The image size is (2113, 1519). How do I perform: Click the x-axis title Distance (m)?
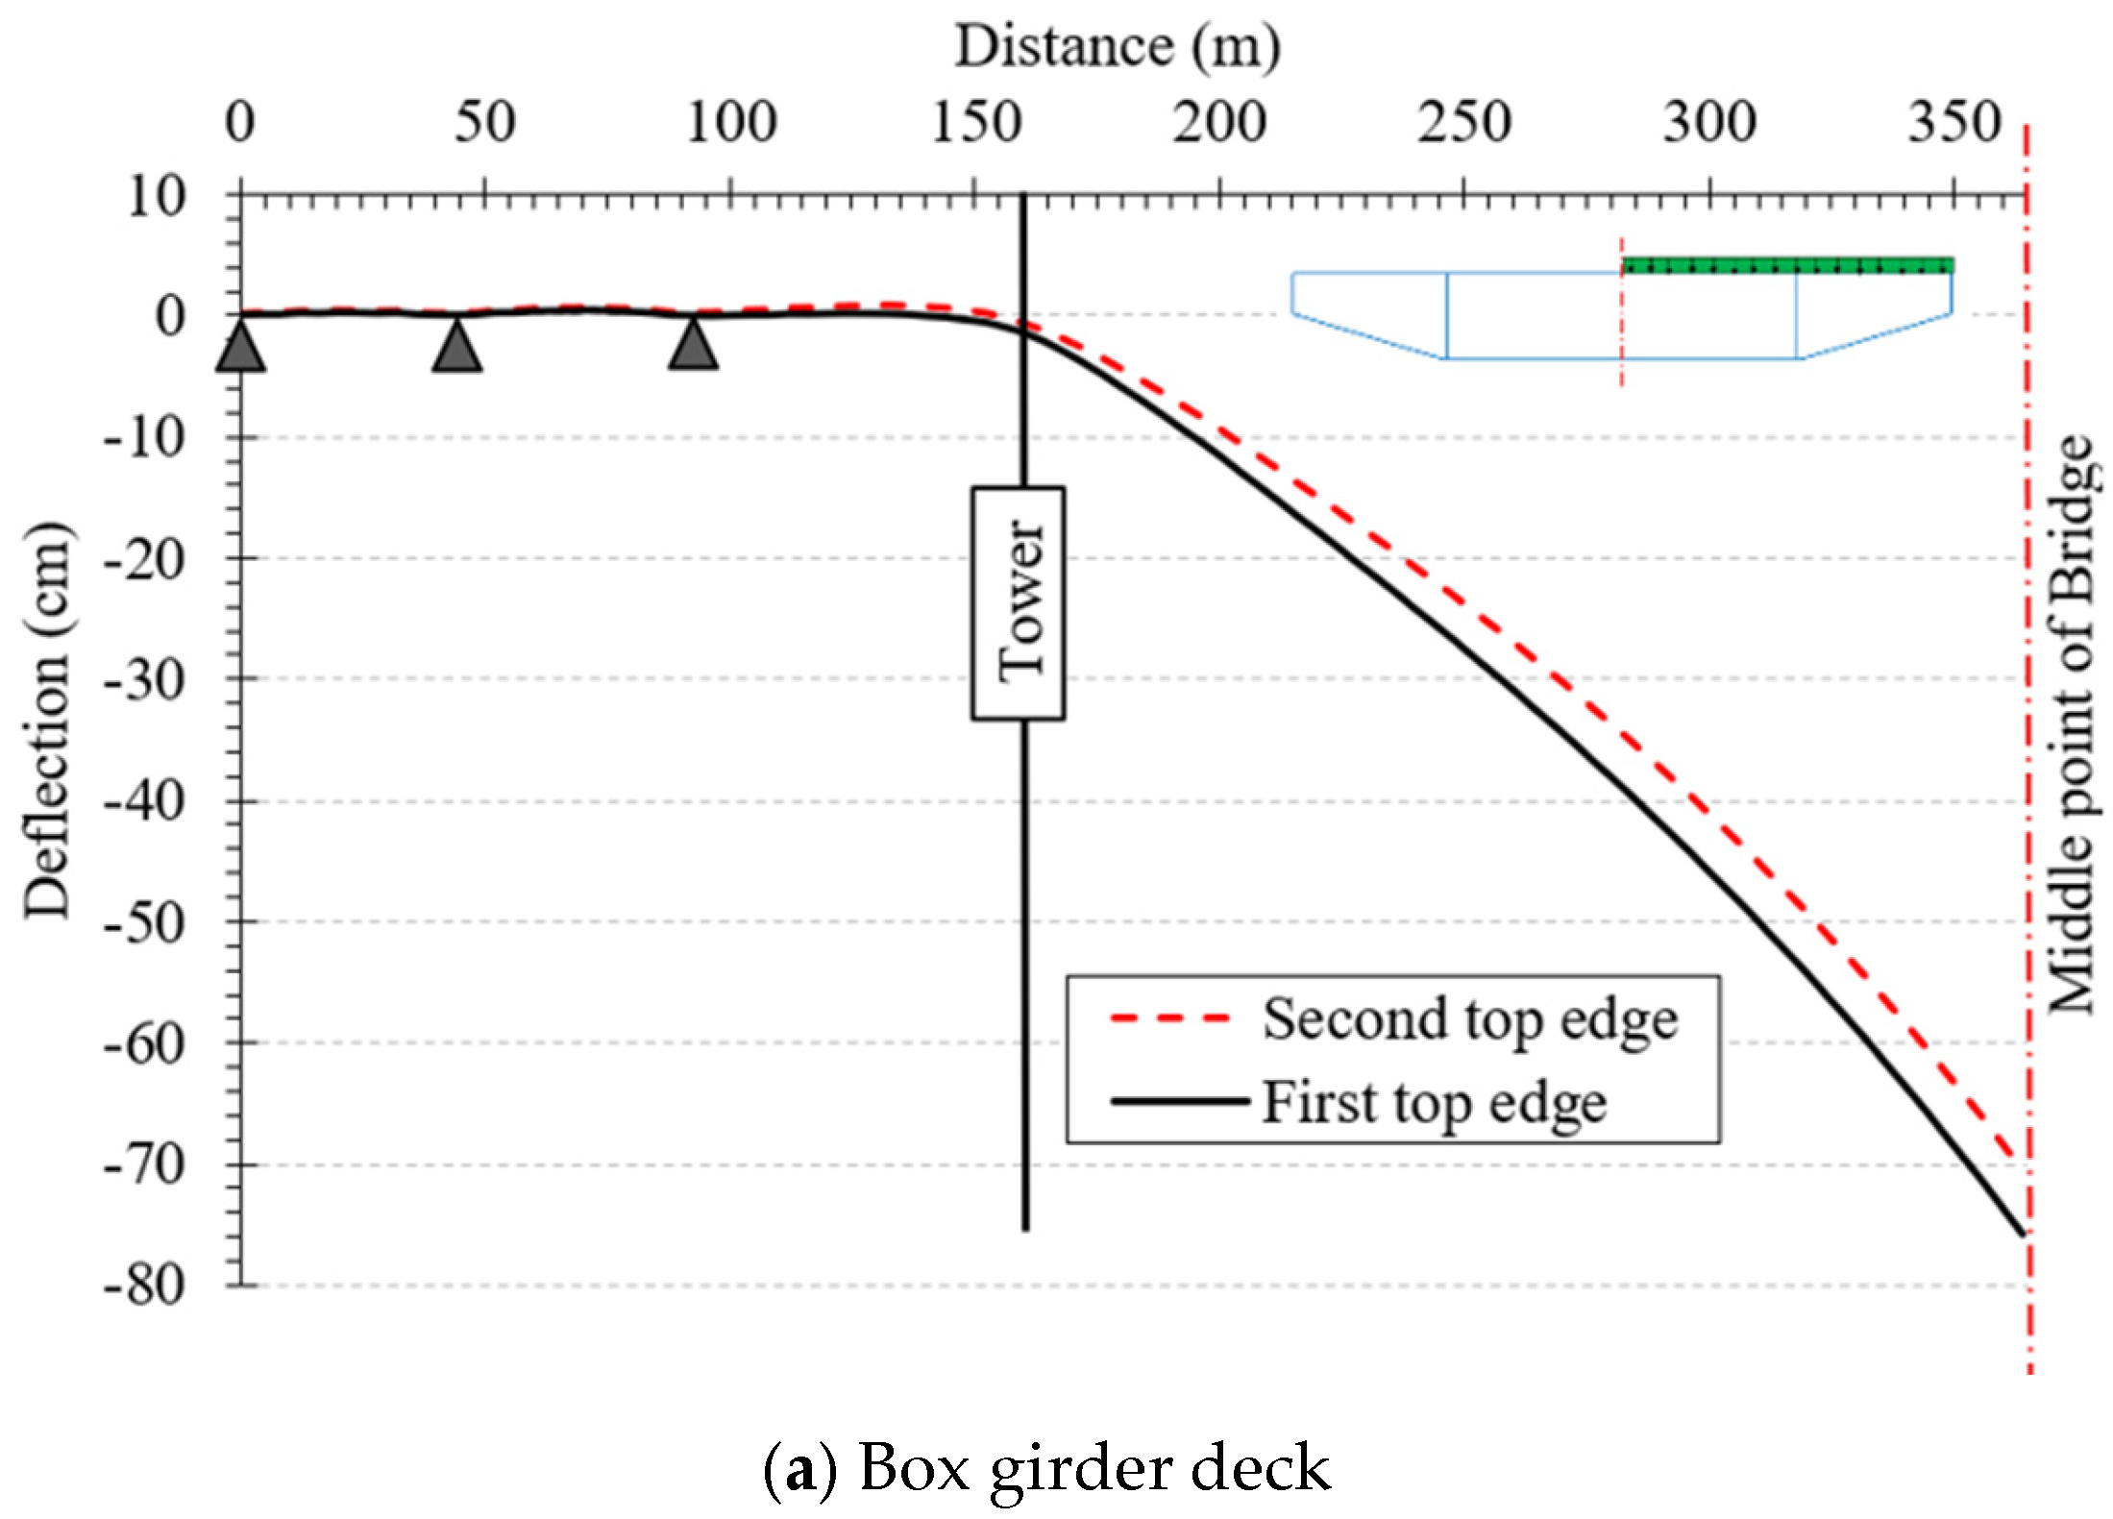tap(1117, 46)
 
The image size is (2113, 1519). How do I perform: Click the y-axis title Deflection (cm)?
tap(48, 720)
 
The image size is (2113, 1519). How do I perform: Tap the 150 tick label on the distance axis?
tap(975, 124)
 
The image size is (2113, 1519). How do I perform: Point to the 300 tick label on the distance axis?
tap(1709, 124)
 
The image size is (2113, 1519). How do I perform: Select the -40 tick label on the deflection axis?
tap(144, 800)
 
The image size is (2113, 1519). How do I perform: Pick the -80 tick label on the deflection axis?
tap(144, 1286)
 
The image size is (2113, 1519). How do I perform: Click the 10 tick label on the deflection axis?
tap(157, 196)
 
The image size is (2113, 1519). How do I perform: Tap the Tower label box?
tap(1019, 602)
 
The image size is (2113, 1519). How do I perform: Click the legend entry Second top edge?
tap(1469, 1019)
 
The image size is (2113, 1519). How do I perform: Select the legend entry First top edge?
tap(1433, 1102)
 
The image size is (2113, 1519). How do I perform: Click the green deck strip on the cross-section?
tap(1787, 266)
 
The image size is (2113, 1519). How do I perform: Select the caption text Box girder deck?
tap(1093, 1468)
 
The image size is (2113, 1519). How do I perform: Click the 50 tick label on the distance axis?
tap(484, 124)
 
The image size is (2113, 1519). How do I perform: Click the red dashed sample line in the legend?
tap(1169, 1018)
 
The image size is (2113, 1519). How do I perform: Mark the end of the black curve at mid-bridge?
tap(2024, 1235)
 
